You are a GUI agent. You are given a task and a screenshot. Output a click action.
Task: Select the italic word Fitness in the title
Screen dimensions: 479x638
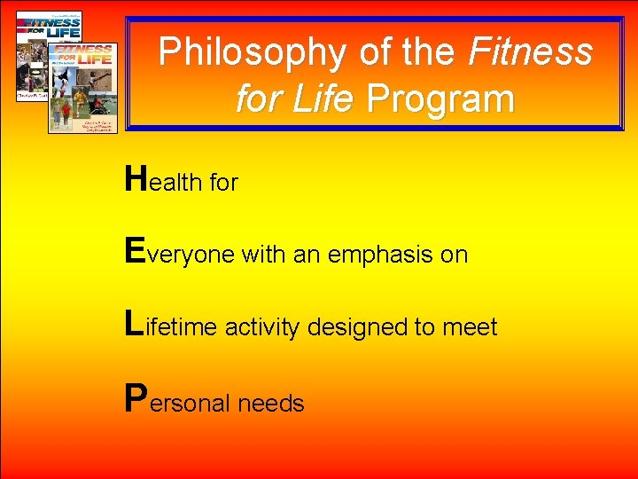click(530, 53)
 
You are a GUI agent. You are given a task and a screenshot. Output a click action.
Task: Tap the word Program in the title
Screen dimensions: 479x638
click(440, 98)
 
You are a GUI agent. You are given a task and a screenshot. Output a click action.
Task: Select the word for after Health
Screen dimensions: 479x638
click(223, 183)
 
